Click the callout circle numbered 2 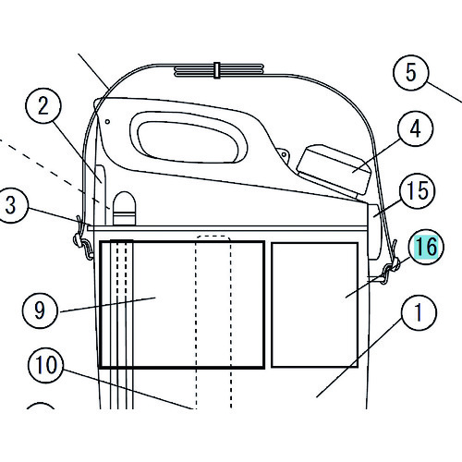pyautogui.click(x=43, y=106)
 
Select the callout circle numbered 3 pyautogui.click(x=11, y=205)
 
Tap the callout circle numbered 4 pyautogui.click(x=416, y=128)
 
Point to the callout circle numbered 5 pyautogui.click(x=411, y=73)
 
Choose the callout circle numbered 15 pyautogui.click(x=418, y=191)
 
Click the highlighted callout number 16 pyautogui.click(x=426, y=247)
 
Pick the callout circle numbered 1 pyautogui.click(x=419, y=312)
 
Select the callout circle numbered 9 pyautogui.click(x=40, y=310)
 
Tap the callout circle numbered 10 pyautogui.click(x=45, y=365)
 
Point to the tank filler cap pyautogui.click(x=334, y=169)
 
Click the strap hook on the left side pyautogui.click(x=83, y=243)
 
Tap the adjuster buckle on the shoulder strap pyautogui.click(x=217, y=70)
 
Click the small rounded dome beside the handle pyautogui.click(x=124, y=208)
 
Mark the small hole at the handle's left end pyautogui.click(x=107, y=122)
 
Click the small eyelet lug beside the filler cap pyautogui.click(x=283, y=155)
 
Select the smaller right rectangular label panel pyautogui.click(x=314, y=305)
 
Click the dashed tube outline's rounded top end pyautogui.click(x=213, y=237)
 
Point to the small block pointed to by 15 pyautogui.click(x=375, y=232)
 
